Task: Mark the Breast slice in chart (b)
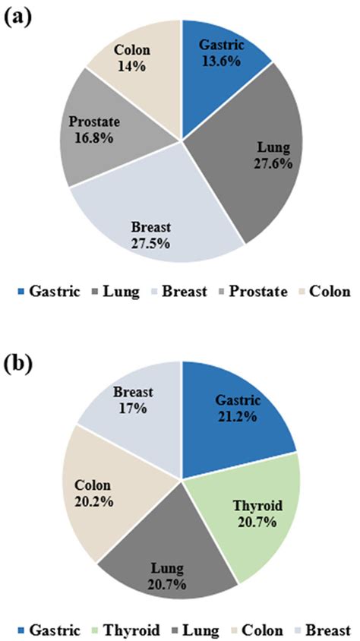[x=137, y=403]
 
